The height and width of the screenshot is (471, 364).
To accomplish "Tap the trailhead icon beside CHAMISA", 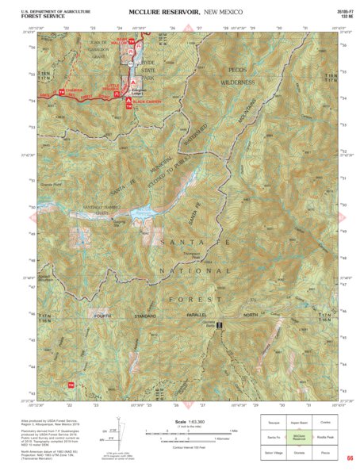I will pos(60,94).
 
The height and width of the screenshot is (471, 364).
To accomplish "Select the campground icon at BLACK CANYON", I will pos(130,101).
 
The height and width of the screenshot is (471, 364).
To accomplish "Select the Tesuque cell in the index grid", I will pos(274,423).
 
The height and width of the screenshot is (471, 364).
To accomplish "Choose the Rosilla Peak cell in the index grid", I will pos(325,437).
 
